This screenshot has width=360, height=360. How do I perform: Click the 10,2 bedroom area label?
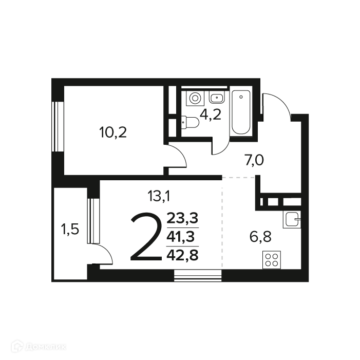coord(113,132)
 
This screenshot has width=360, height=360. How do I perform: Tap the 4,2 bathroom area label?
coord(211,115)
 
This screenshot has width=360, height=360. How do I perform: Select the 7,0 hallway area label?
coord(254,160)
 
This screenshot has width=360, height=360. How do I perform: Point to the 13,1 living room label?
coord(159,196)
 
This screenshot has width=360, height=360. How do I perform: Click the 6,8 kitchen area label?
coord(260,237)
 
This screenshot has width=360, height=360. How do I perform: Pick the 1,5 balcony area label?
coord(70,230)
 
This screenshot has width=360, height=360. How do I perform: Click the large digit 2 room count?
coord(146,237)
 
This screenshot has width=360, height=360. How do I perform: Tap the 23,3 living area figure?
coord(182,218)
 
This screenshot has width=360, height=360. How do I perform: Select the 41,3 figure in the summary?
coord(181,237)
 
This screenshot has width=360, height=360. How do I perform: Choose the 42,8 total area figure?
coord(182,255)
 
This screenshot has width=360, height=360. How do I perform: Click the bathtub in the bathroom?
coord(241,112)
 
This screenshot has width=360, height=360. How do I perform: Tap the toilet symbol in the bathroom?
coord(190,122)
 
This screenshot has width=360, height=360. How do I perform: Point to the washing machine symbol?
coord(195,98)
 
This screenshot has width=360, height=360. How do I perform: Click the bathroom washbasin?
coord(217,98)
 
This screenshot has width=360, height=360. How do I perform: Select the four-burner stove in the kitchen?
coord(272,260)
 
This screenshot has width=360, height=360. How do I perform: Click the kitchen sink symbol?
coord(292,219)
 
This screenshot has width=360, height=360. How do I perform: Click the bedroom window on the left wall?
coord(58,126)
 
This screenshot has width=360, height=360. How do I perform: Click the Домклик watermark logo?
coord(39,346)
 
